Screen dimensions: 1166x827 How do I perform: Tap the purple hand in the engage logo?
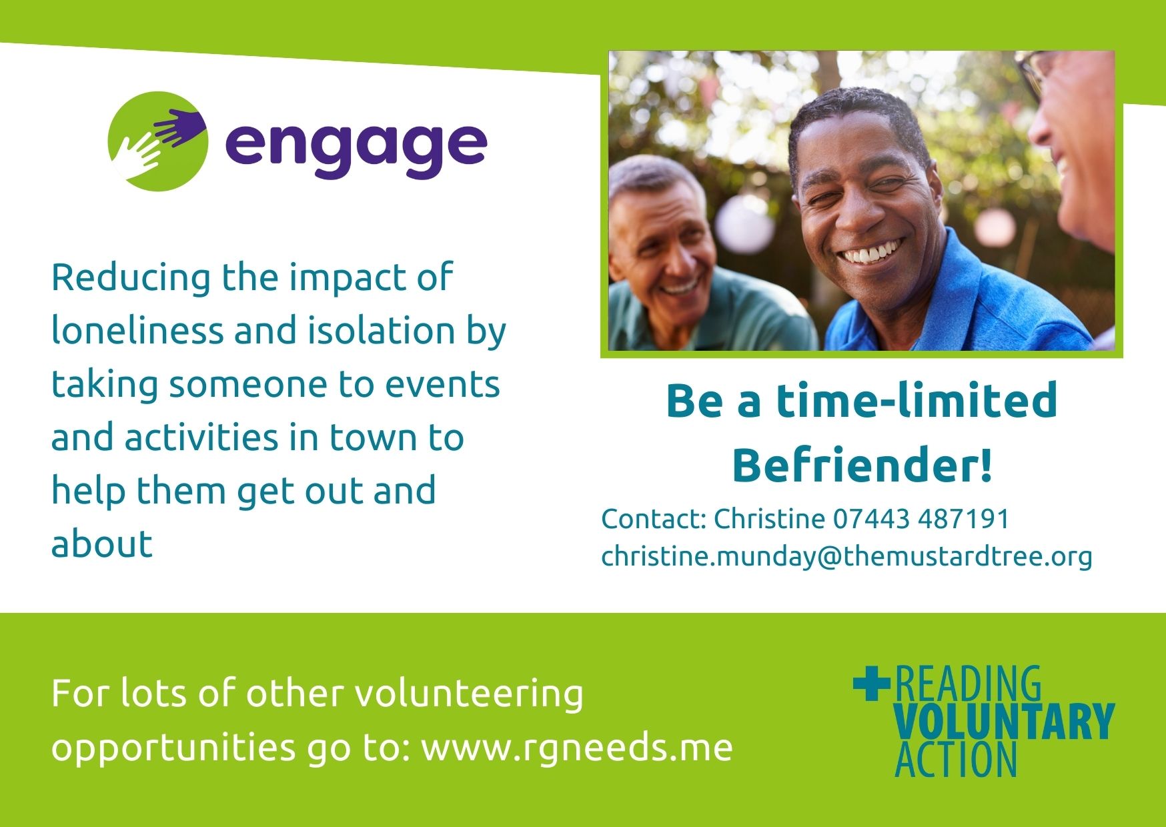[x=179, y=126]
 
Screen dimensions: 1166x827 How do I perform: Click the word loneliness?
[x=137, y=330]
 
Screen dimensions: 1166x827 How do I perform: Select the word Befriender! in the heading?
[x=862, y=465]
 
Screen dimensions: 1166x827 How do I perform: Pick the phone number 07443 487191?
[x=921, y=519]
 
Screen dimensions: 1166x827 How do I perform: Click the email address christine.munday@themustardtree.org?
[x=846, y=557]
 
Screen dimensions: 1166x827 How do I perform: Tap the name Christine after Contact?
[x=770, y=519]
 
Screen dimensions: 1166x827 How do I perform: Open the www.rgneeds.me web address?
[x=577, y=747]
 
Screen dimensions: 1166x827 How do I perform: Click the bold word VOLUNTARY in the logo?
[x=1004, y=721]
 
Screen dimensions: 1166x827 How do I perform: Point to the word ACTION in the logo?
[x=956, y=760]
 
